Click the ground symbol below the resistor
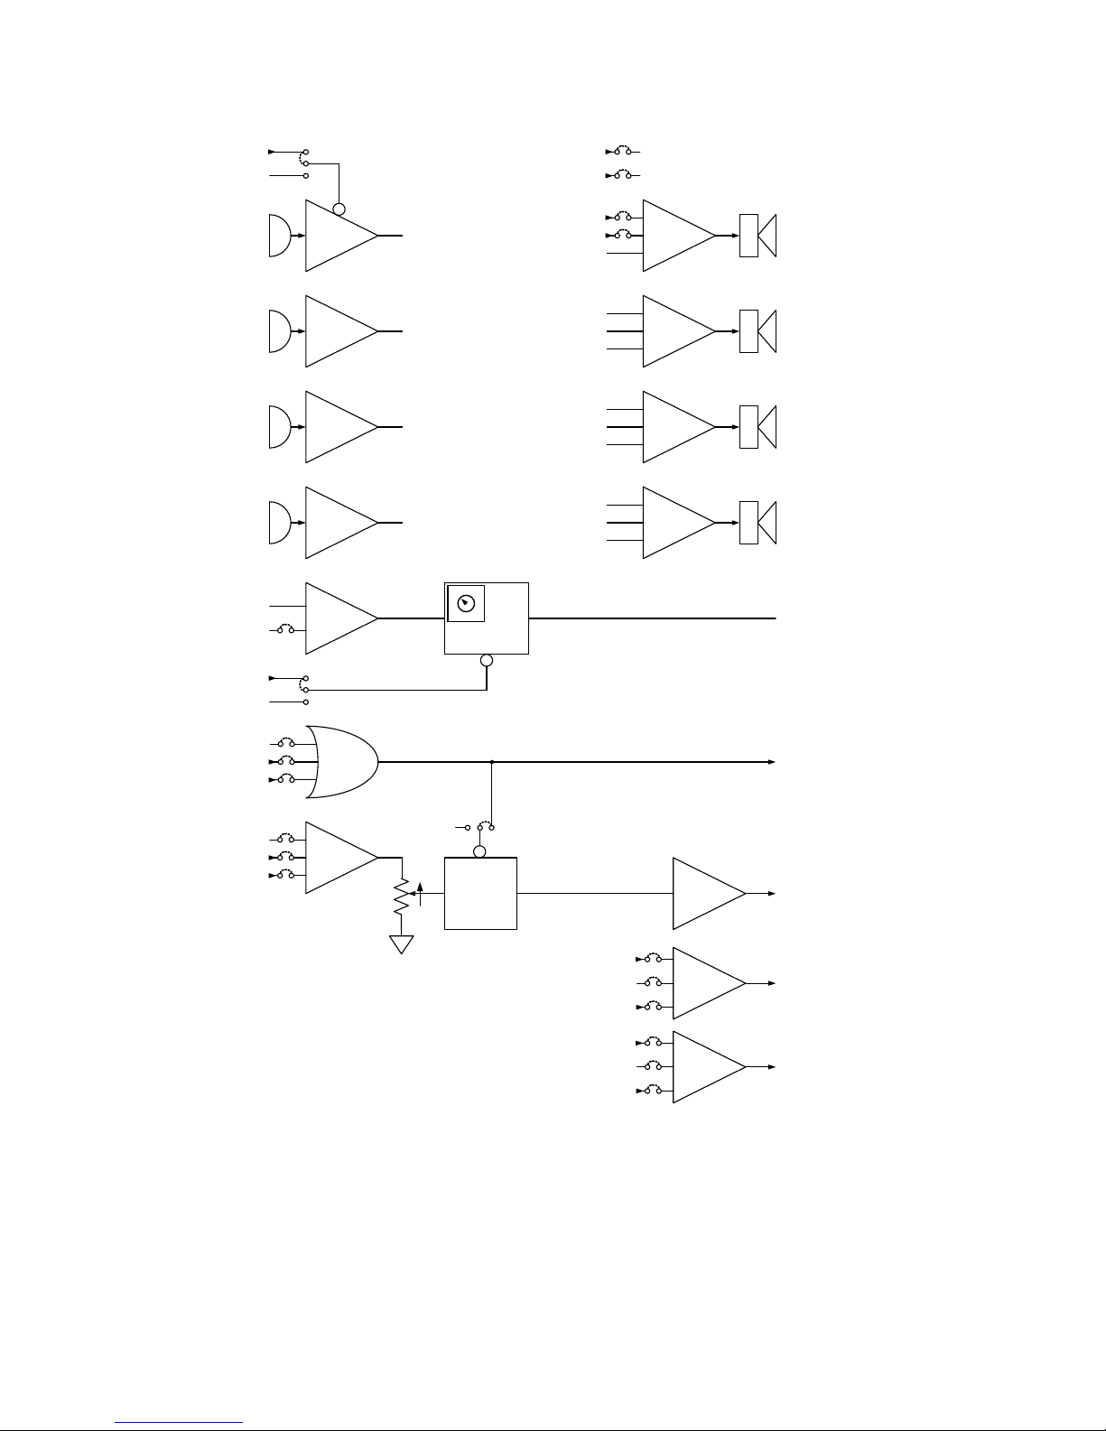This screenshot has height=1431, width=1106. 401,944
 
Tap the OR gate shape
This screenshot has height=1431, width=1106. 342,762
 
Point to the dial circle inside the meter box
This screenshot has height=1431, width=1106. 466,604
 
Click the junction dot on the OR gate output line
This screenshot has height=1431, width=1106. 491,762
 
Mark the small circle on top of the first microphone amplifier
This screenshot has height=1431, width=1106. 339,210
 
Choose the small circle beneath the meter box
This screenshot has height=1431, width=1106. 487,661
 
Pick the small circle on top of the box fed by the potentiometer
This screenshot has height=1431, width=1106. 480,851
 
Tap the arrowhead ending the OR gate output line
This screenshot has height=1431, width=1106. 772,762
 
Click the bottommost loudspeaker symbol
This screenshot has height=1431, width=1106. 758,523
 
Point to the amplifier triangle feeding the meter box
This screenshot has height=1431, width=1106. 341,618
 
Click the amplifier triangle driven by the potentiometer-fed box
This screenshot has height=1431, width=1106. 709,894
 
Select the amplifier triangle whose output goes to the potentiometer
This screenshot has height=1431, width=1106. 341,858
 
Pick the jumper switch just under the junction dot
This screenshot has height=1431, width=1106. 486,826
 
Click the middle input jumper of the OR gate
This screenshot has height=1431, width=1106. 286,761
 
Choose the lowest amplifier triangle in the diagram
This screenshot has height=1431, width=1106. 709,1067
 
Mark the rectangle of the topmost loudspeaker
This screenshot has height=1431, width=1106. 748,236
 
